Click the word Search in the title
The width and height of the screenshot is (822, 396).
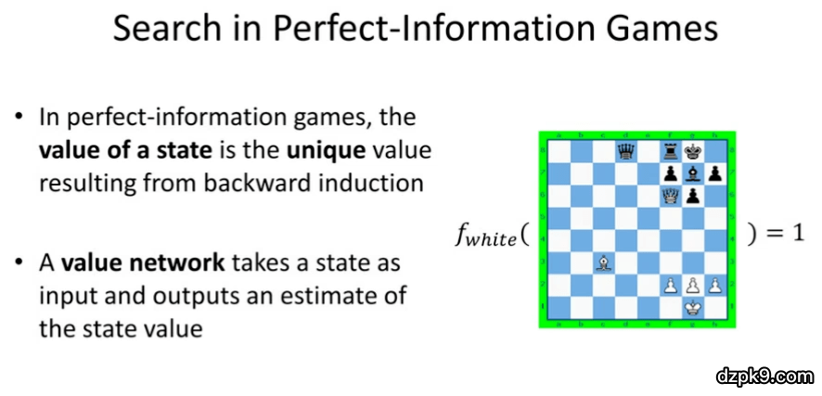tap(159, 30)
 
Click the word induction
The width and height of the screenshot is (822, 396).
tap(377, 184)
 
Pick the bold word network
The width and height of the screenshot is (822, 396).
tap(183, 262)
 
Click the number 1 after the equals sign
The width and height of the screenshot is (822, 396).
tap(796, 234)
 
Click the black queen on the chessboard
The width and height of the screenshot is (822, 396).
tap(625, 152)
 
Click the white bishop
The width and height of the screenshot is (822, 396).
tap(603, 264)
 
